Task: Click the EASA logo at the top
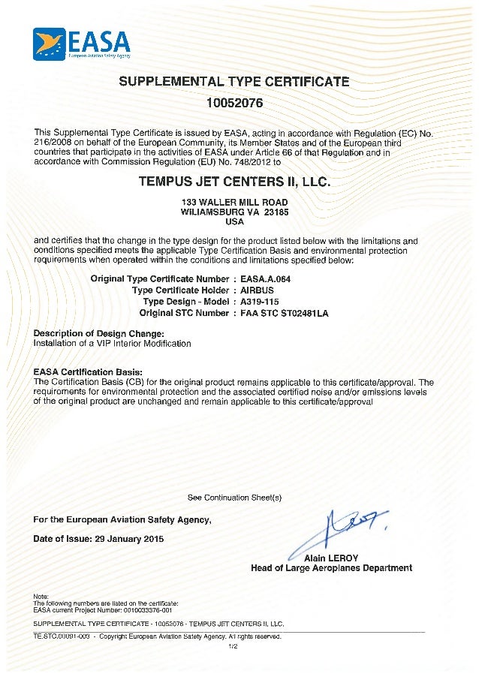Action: [82, 44]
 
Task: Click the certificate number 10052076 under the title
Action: [234, 101]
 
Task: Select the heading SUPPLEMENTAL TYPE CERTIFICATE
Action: [234, 82]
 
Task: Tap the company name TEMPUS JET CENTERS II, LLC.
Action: [234, 182]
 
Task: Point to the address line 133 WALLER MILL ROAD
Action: [234, 203]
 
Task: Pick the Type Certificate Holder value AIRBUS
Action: [257, 290]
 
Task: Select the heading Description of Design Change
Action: [98, 333]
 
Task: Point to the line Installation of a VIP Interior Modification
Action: [113, 344]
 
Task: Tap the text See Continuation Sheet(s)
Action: [234, 498]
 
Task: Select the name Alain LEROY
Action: [331, 558]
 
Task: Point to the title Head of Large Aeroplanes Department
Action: [331, 568]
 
